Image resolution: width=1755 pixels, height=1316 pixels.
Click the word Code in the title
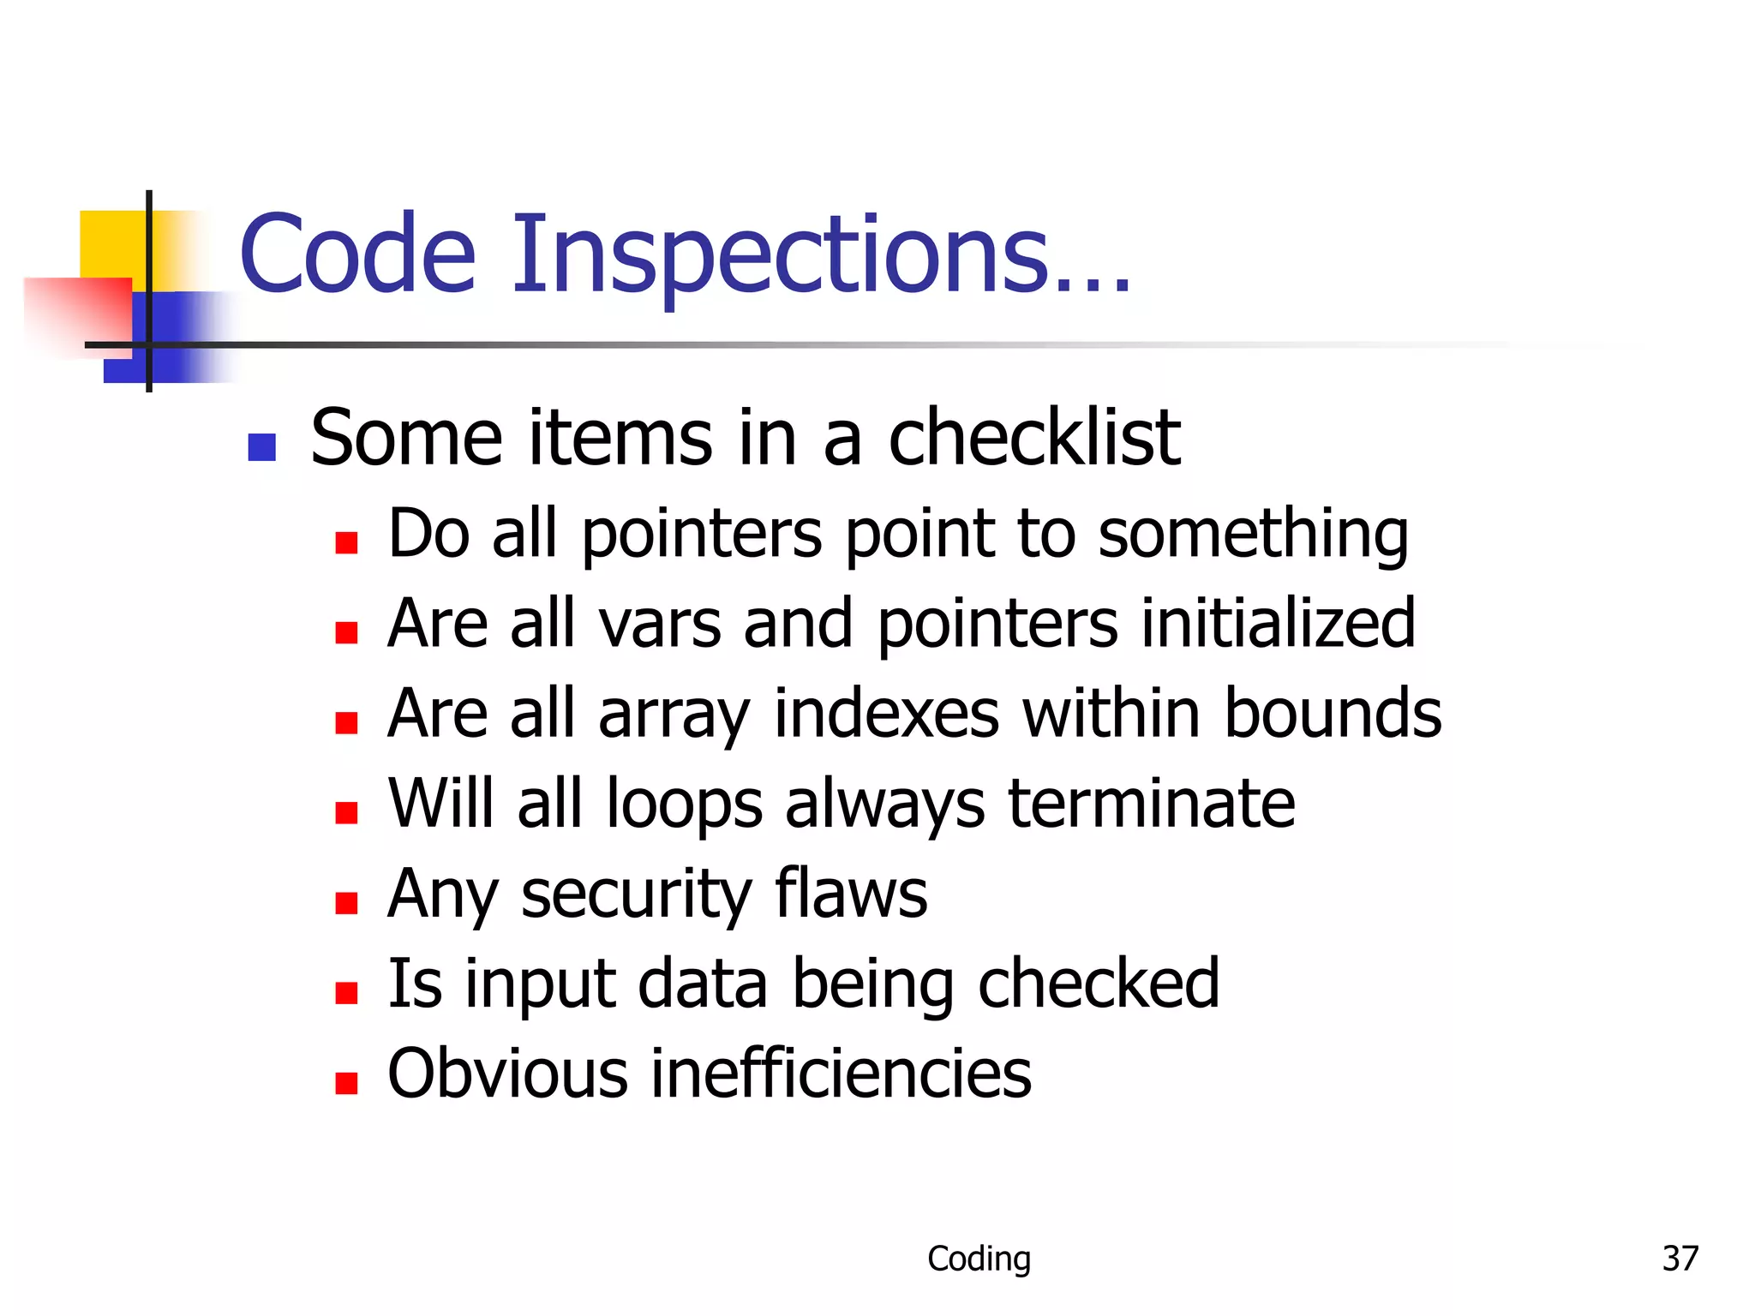tap(357, 254)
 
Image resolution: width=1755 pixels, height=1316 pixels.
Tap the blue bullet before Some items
tap(261, 447)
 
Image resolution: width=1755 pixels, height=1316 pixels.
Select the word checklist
tap(1034, 438)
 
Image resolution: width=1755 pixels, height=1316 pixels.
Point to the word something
tap(1253, 535)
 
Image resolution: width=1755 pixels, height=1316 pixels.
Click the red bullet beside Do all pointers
tap(346, 543)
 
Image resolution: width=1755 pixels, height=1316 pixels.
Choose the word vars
tap(660, 625)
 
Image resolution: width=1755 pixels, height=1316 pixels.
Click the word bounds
tap(1333, 713)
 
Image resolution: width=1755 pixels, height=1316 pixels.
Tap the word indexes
tap(886, 713)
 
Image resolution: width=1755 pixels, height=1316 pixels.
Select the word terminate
tap(1151, 804)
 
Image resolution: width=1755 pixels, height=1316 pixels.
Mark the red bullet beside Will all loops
tap(346, 812)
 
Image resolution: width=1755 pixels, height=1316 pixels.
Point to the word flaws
tap(851, 893)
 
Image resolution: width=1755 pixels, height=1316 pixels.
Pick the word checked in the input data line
tap(1098, 984)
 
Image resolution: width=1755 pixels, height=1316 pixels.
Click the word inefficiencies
tap(841, 1074)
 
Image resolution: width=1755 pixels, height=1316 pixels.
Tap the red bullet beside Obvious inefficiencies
tap(346, 1083)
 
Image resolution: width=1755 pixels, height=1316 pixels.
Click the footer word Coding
tap(979, 1259)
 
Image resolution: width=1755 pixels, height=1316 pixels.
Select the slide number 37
tap(1680, 1259)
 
